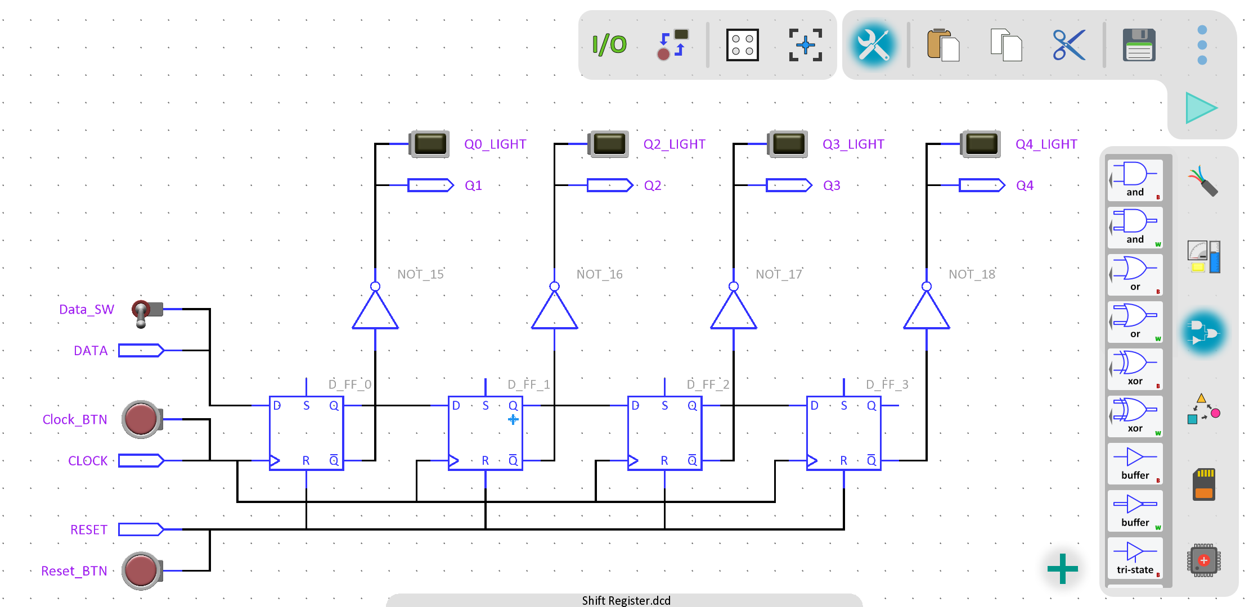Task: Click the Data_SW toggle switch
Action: click(146, 311)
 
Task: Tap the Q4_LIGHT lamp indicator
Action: click(981, 144)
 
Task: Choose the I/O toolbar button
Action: click(609, 45)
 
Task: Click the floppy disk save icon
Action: click(1139, 45)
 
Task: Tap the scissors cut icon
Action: click(1069, 45)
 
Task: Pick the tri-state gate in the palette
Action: click(1135, 558)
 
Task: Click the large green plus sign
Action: click(1062, 569)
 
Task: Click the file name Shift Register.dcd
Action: click(626, 600)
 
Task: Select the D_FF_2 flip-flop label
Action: click(708, 384)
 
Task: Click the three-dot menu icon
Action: click(1202, 45)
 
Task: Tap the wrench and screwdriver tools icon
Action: click(873, 45)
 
